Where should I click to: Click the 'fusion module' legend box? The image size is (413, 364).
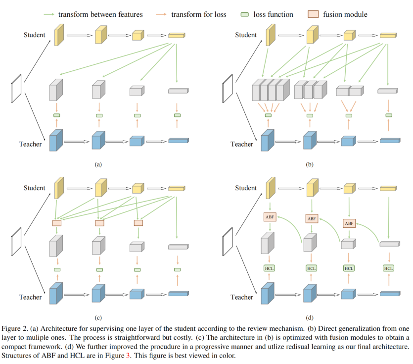coord(313,14)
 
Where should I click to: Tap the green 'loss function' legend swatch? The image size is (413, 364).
coord(245,14)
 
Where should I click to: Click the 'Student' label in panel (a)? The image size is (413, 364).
coord(35,35)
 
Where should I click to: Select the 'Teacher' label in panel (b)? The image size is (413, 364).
coord(242,144)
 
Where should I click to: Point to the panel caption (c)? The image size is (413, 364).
coord(98,317)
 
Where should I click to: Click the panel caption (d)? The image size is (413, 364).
coord(310,317)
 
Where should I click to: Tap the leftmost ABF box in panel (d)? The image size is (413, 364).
coord(270,217)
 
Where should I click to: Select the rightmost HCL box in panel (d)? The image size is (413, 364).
coord(388,268)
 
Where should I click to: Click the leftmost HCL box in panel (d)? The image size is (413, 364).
coord(269,268)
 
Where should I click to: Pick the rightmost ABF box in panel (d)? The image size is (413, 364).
coord(349,223)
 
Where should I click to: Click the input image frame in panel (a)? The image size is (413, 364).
coord(16,89)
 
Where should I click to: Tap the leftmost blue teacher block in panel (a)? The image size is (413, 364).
coord(56,140)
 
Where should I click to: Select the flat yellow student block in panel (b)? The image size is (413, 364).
coord(388,35)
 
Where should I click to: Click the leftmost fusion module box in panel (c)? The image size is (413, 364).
coord(57,223)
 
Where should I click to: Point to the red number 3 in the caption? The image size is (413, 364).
coord(128,356)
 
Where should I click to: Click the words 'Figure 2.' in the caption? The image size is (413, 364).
coord(15,329)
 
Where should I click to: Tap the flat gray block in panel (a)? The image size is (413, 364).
coord(179,91)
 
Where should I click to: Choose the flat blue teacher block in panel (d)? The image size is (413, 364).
coord(390,294)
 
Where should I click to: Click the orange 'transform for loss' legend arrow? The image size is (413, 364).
coord(161,14)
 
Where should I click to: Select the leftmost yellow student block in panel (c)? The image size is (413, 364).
coord(59,188)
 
